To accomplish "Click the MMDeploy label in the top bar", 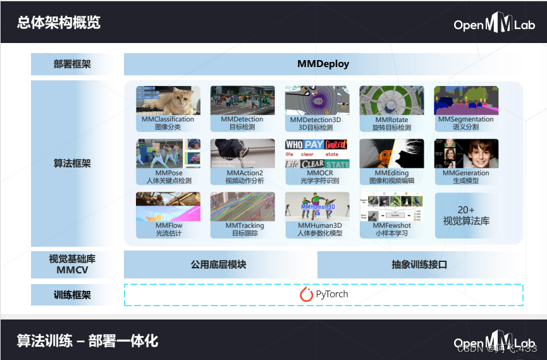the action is pos(323,64).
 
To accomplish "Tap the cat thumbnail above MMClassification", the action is pos(168,100).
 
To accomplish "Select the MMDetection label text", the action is pos(242,120).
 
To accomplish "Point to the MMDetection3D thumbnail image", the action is pos(317,100).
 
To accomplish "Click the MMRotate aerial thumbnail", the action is pos(391,100).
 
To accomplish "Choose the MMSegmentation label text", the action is pos(466,120).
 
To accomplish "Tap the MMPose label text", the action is pos(168,173).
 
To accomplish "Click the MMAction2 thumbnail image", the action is pos(242,153).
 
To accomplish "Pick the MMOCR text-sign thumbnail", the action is pos(317,153).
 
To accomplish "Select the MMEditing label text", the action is pos(391,173).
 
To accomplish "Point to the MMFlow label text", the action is pos(168,226).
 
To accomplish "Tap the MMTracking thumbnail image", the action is pos(242,206).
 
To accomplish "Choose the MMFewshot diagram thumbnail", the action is pos(391,206).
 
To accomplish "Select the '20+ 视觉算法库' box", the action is pos(466,216).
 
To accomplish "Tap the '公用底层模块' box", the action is pos(219,264).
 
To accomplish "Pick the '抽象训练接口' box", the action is pos(419,264).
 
